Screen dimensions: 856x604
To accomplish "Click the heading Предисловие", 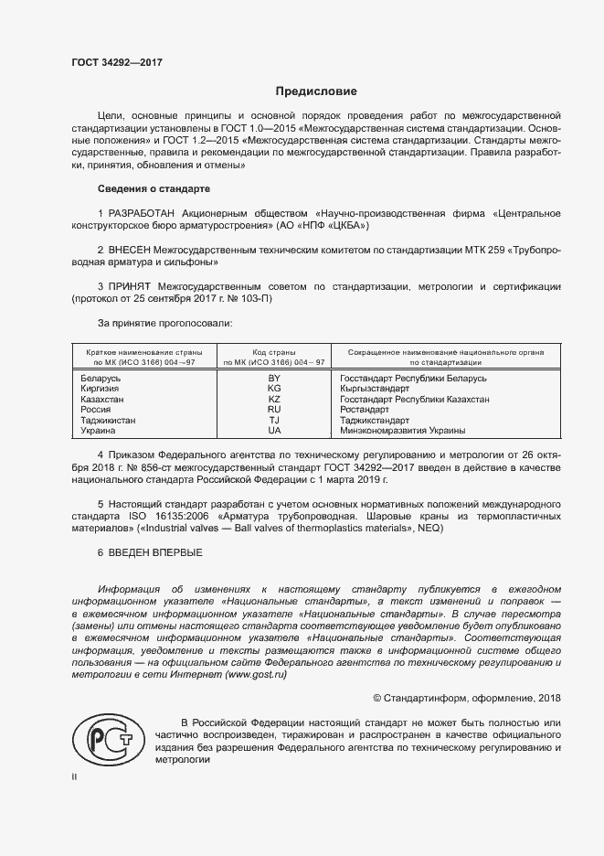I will pyautogui.click(x=316, y=92).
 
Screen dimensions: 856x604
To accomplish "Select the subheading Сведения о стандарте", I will pyautogui.click(x=154, y=188).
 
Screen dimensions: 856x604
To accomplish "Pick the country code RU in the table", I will pyautogui.click(x=273, y=410).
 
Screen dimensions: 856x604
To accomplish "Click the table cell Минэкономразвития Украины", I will pyautogui.click(x=402, y=430).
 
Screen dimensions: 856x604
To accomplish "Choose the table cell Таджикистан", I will pyautogui.click(x=109, y=420).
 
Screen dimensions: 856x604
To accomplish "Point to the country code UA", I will pyautogui.click(x=273, y=430).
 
